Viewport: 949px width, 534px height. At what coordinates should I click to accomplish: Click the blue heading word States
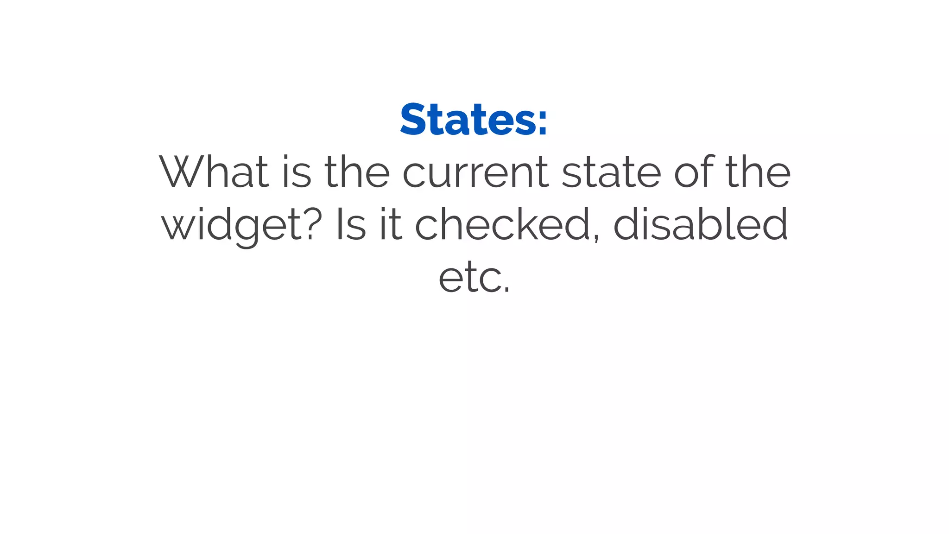468,120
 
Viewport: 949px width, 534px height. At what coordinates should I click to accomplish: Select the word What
214,172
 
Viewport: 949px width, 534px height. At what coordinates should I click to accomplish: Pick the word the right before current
357,172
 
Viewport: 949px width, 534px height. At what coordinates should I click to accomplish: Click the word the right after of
758,172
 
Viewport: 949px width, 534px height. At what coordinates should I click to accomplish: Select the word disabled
701,224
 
